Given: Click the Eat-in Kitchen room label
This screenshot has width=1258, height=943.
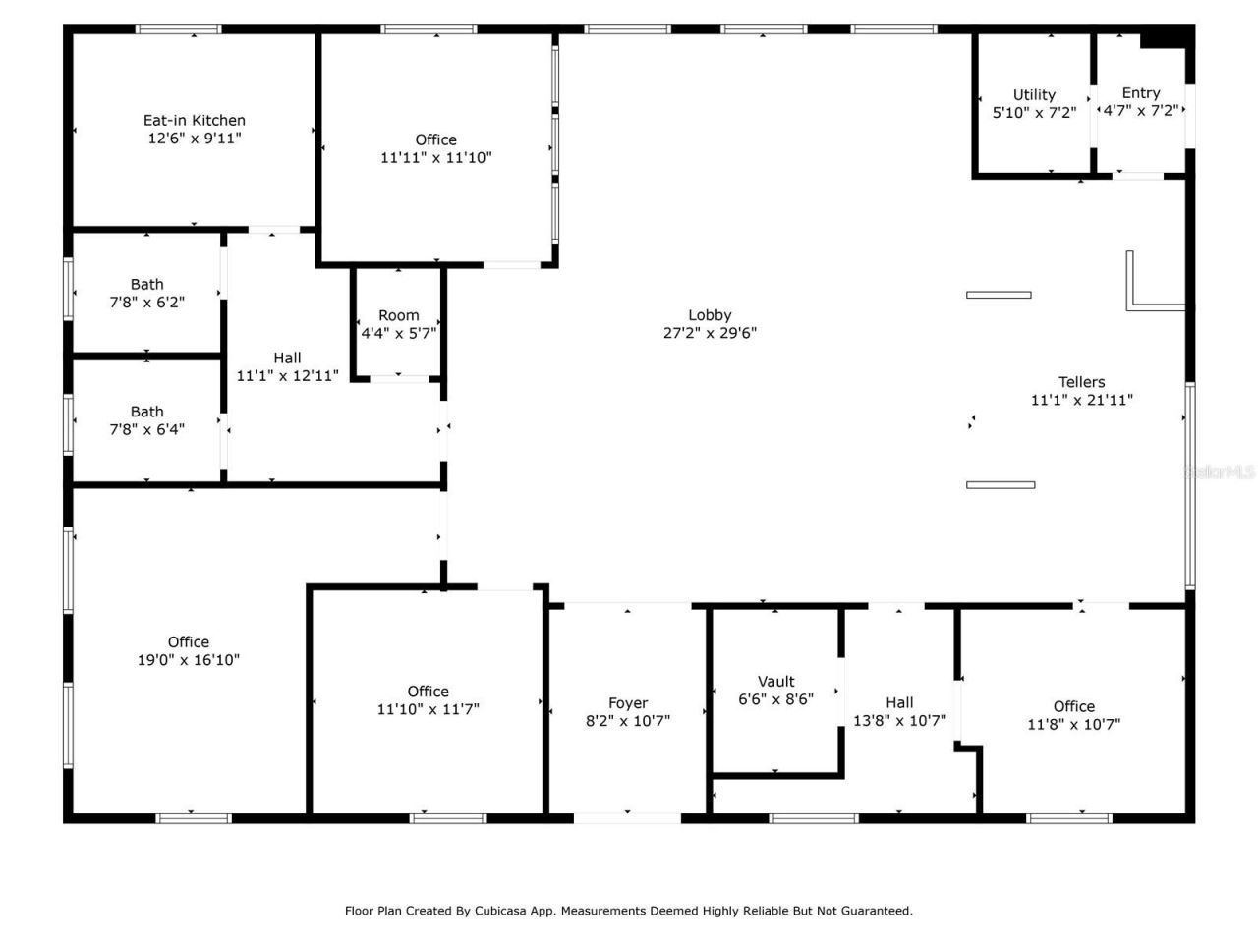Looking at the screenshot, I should tap(194, 121).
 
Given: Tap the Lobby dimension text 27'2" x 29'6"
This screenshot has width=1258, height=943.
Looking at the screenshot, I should tap(710, 333).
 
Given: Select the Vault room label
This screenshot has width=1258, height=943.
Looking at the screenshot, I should tap(775, 682).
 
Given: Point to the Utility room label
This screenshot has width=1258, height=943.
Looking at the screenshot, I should tap(1034, 95).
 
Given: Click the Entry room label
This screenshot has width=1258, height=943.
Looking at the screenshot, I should tap(1140, 93).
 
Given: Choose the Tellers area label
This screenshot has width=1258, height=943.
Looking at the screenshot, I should tap(1081, 382).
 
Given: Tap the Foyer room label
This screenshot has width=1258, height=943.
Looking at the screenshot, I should tap(628, 703).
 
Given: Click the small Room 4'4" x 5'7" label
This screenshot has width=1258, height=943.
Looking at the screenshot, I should tap(398, 315).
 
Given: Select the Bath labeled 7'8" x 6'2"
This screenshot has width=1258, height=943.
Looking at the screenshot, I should tap(146, 285).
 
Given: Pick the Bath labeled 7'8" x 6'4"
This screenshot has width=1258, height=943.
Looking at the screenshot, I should tap(146, 413).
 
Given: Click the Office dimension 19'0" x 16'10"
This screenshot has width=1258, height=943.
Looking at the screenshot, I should tap(188, 660).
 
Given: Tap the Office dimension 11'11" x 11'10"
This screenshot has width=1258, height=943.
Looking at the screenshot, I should tap(435, 157).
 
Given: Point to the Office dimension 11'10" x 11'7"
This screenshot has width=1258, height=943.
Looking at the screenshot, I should tap(428, 709).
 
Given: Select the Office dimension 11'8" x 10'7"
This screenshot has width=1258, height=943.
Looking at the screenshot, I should tap(1073, 724).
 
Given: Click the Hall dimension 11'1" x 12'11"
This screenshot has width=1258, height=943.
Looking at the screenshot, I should tap(287, 375).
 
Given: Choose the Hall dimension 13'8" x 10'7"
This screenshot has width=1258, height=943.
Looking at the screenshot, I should tap(899, 720).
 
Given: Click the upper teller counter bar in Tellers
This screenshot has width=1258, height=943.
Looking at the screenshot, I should tap(999, 295).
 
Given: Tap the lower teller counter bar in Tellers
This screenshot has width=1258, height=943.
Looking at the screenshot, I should tap(1001, 484).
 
